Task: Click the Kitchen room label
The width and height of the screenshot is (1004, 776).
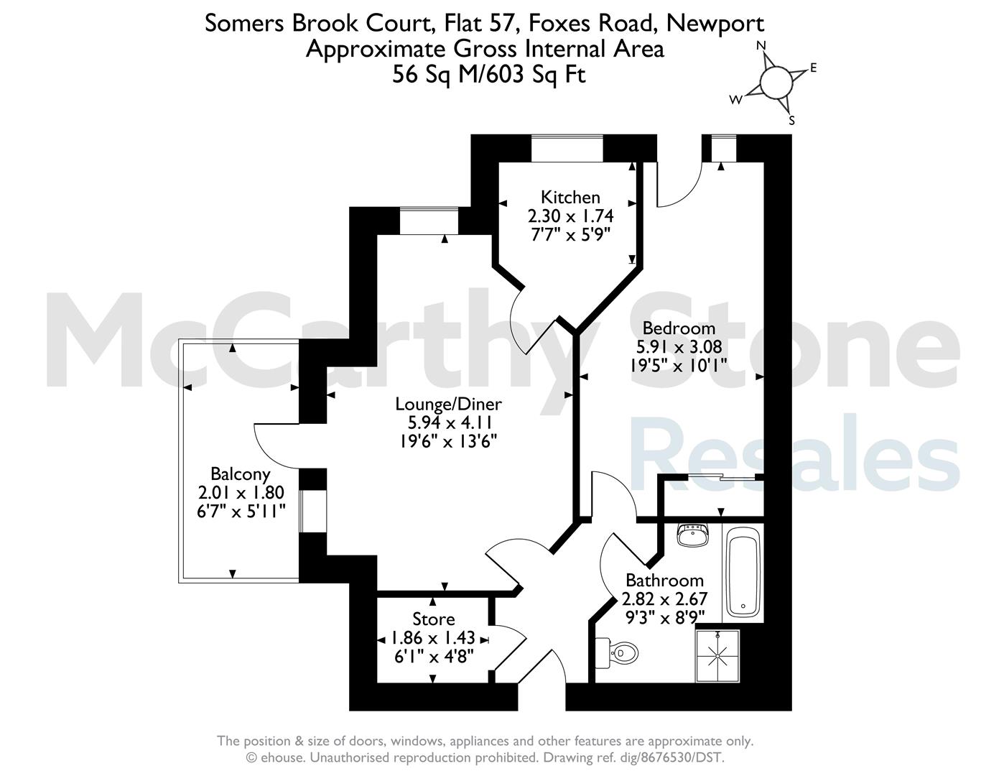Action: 570,198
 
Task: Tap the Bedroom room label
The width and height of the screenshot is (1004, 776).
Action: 679,328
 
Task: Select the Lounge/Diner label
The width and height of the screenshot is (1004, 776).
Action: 448,405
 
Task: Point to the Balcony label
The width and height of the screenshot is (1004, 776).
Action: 241,474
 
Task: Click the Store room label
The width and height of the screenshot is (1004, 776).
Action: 433,619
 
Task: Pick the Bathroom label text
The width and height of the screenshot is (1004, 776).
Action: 664,580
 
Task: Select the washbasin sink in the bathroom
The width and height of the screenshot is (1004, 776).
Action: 692,536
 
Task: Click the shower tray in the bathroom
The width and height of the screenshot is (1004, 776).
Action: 717,656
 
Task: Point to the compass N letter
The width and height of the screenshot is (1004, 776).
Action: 761,45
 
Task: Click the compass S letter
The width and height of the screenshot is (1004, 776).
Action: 791,121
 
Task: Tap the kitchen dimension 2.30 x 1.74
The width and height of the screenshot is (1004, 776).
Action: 571,216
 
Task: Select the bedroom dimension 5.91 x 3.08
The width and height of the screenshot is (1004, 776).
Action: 679,346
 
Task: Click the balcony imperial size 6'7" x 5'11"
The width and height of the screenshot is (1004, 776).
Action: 241,511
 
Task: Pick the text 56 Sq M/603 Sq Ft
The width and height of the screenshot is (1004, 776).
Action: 489,75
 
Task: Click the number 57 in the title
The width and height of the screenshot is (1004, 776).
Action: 502,23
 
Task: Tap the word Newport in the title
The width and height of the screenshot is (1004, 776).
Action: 715,24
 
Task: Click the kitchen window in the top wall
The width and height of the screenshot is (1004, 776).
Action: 567,148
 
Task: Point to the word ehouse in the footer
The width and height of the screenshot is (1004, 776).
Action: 282,757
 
